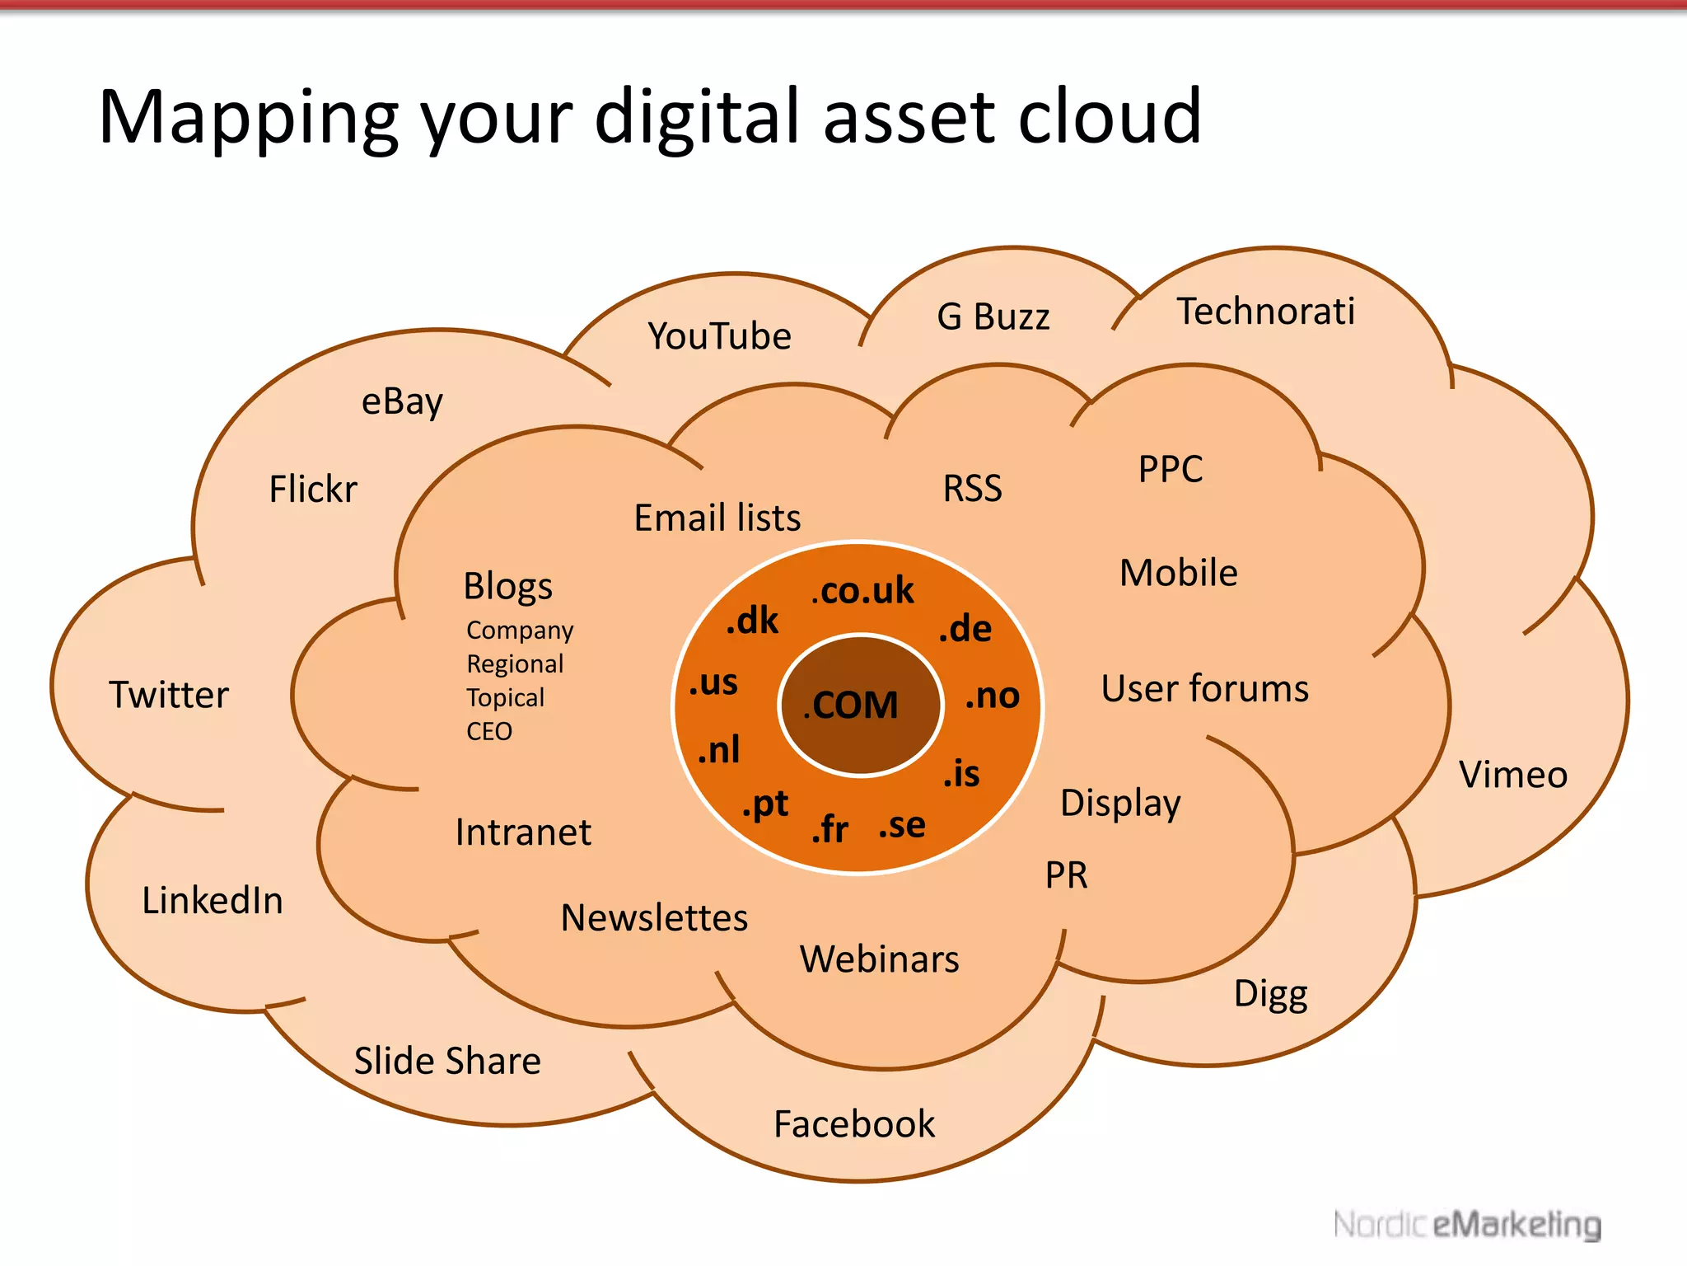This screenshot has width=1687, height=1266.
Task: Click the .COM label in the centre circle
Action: click(x=852, y=706)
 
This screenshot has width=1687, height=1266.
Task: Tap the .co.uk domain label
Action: click(x=863, y=590)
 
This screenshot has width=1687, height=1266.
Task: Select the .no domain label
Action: click(x=993, y=696)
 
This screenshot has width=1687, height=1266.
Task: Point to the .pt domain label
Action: click(x=765, y=804)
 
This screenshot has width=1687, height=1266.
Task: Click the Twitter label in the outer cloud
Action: click(x=169, y=695)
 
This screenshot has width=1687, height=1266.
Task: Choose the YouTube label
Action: click(x=719, y=336)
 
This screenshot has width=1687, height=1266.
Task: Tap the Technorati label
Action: click(x=1265, y=312)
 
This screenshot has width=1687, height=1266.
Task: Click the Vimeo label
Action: click(x=1513, y=775)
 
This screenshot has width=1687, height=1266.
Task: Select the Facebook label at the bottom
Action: click(x=854, y=1124)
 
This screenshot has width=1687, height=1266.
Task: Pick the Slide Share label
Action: click(x=447, y=1061)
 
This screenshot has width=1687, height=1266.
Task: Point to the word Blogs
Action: click(x=508, y=587)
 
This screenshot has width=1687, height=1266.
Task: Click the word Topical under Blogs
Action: click(x=506, y=698)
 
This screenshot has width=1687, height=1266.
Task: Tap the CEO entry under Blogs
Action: click(x=489, y=732)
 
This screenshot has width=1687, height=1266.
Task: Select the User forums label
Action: click(x=1204, y=688)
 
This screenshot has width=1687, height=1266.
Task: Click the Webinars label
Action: click(x=879, y=959)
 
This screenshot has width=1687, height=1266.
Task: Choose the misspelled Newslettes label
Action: click(x=654, y=918)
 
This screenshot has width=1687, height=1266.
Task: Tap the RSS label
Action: click(x=973, y=488)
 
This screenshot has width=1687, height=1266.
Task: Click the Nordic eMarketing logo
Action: click(x=1467, y=1225)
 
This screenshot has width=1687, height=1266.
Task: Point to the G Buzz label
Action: click(x=993, y=316)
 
